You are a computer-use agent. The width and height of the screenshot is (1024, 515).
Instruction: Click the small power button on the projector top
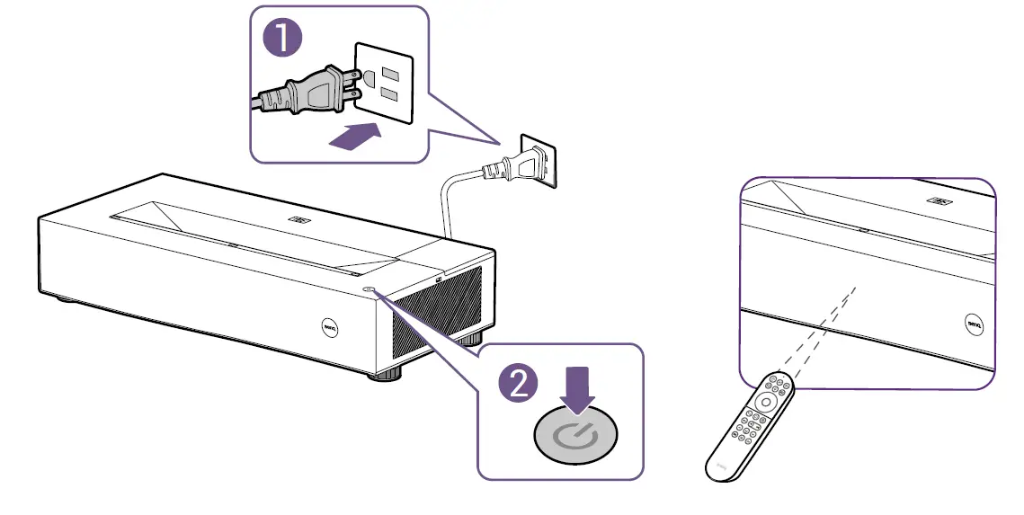371,289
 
